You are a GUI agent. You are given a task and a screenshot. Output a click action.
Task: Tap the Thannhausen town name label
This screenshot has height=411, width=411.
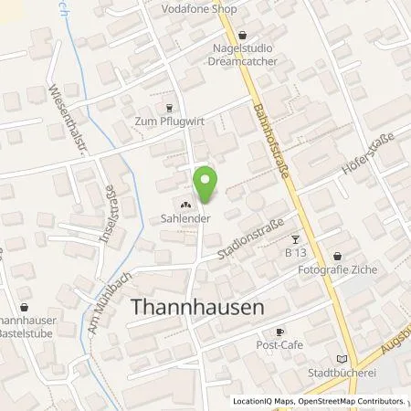tap(199, 307)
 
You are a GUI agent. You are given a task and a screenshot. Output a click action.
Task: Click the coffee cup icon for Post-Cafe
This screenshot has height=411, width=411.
tap(281, 332)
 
